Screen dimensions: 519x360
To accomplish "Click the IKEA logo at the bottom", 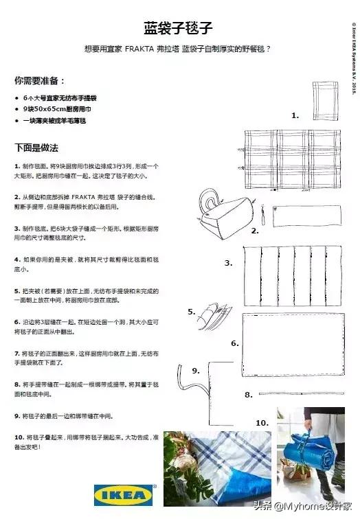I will [x=124, y=494].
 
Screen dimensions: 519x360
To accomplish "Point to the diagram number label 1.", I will [x=295, y=115].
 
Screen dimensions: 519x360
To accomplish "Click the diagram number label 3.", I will [x=229, y=263].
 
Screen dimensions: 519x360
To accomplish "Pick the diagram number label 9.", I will [x=196, y=371].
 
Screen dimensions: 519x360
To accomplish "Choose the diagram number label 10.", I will [x=262, y=422].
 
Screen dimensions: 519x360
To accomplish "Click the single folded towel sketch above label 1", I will [x=323, y=101].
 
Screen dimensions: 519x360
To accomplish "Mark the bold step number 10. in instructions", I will [x=19, y=437].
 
